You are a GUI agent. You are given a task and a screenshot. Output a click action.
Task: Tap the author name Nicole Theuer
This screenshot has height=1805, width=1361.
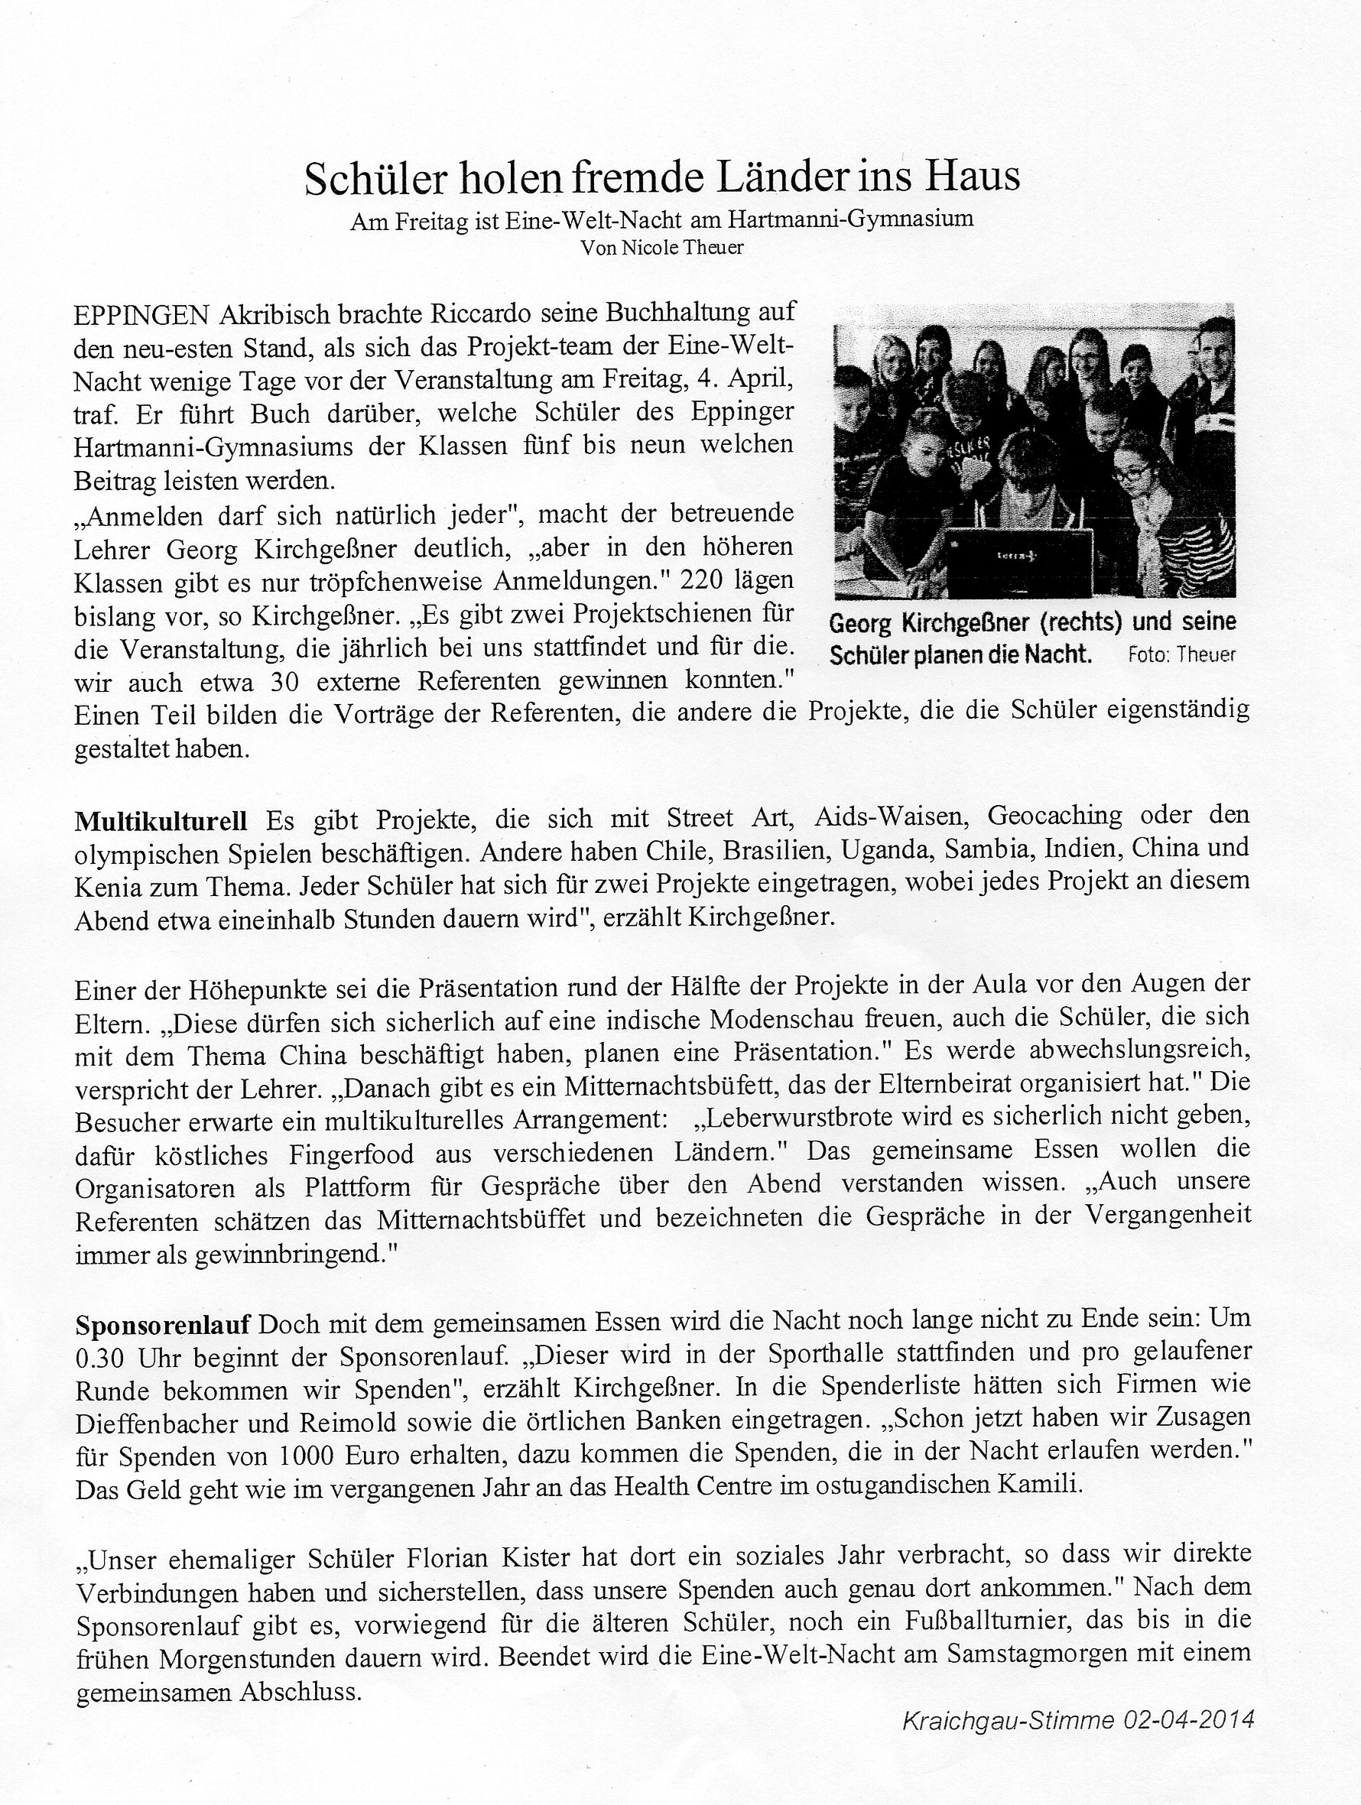(x=682, y=248)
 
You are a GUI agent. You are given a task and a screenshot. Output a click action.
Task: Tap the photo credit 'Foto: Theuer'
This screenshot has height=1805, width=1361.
(x=1181, y=654)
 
